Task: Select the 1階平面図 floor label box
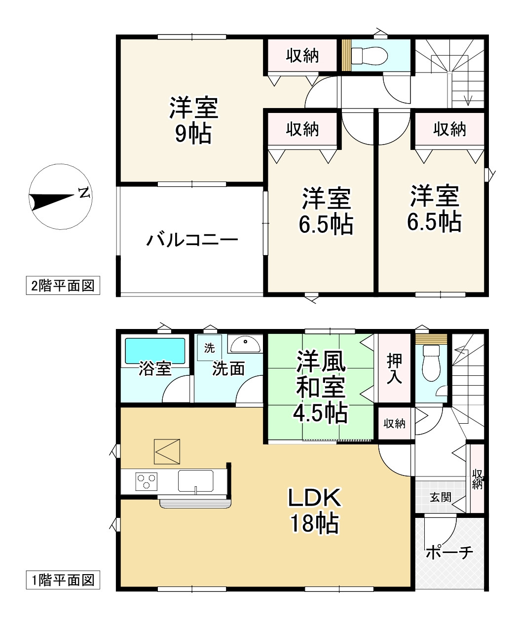coord(63,580)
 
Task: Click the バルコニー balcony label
coord(192,241)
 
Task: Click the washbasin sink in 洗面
coord(246,344)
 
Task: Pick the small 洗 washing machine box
coord(210,348)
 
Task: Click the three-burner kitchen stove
coord(147,481)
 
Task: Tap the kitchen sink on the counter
coord(196,481)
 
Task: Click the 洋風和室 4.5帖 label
coord(321,387)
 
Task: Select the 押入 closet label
coord(394,368)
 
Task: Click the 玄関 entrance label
coord(440,497)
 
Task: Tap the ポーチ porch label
coord(449,551)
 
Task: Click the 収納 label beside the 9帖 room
coord(303,56)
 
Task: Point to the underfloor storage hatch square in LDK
coord(167,451)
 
